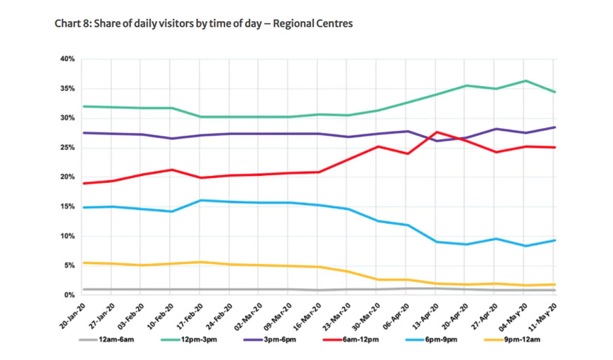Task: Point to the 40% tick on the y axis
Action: (x=67, y=60)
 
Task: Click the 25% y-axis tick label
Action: (x=67, y=148)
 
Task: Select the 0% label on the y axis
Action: (x=69, y=295)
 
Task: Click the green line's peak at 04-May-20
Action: (x=525, y=81)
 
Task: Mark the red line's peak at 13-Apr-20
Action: (x=437, y=132)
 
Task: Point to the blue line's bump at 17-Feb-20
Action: (x=201, y=200)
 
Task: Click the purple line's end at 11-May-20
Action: (x=555, y=127)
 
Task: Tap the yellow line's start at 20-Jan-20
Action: (x=83, y=263)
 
